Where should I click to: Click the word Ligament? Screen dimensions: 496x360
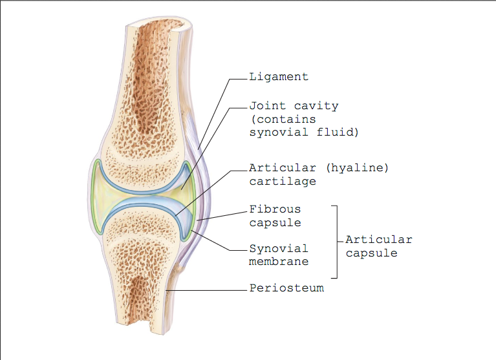[x=278, y=77]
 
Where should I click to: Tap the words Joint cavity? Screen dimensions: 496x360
[x=294, y=106]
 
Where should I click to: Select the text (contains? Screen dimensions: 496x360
[x=283, y=120]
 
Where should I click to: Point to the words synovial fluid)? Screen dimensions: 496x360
[x=304, y=132]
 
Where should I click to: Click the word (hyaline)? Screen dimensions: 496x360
[x=357, y=168]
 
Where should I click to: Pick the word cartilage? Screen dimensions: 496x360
[x=283, y=182]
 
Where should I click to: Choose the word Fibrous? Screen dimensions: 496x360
[x=275, y=209]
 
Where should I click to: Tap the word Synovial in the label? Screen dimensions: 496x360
[x=278, y=248]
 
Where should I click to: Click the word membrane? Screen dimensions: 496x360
[x=278, y=262]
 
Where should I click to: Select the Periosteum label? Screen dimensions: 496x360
[x=286, y=288]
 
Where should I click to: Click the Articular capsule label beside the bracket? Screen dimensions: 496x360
[x=379, y=246]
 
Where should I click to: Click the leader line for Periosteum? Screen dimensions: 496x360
[x=206, y=290]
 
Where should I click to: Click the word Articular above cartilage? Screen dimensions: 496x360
[x=283, y=168]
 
